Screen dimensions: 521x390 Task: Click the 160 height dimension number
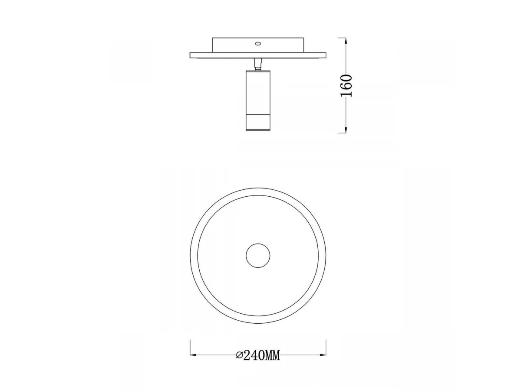point(346,85)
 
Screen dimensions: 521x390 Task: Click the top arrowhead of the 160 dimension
point(346,41)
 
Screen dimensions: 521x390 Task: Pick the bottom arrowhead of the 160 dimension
point(346,130)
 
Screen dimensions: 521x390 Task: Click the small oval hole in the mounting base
point(258,43)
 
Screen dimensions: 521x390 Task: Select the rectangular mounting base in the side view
point(258,45)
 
